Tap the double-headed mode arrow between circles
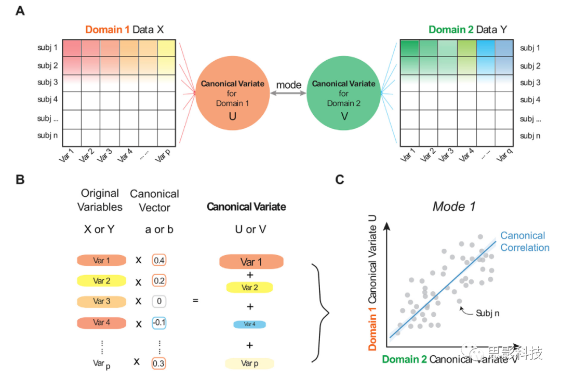coord(288,93)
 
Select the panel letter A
coord(20,10)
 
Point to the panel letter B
coord(20,180)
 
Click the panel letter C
coord(340,180)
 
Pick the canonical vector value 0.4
coord(159,260)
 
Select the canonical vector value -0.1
coord(159,322)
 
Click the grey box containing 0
coord(159,301)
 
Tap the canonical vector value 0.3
coord(159,363)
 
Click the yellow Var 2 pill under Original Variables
coord(102,281)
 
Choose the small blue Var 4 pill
coord(250,324)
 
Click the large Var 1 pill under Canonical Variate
coord(251,262)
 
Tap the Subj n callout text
coord(487,313)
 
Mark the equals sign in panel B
coord(195,301)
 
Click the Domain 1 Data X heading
coord(125,30)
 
